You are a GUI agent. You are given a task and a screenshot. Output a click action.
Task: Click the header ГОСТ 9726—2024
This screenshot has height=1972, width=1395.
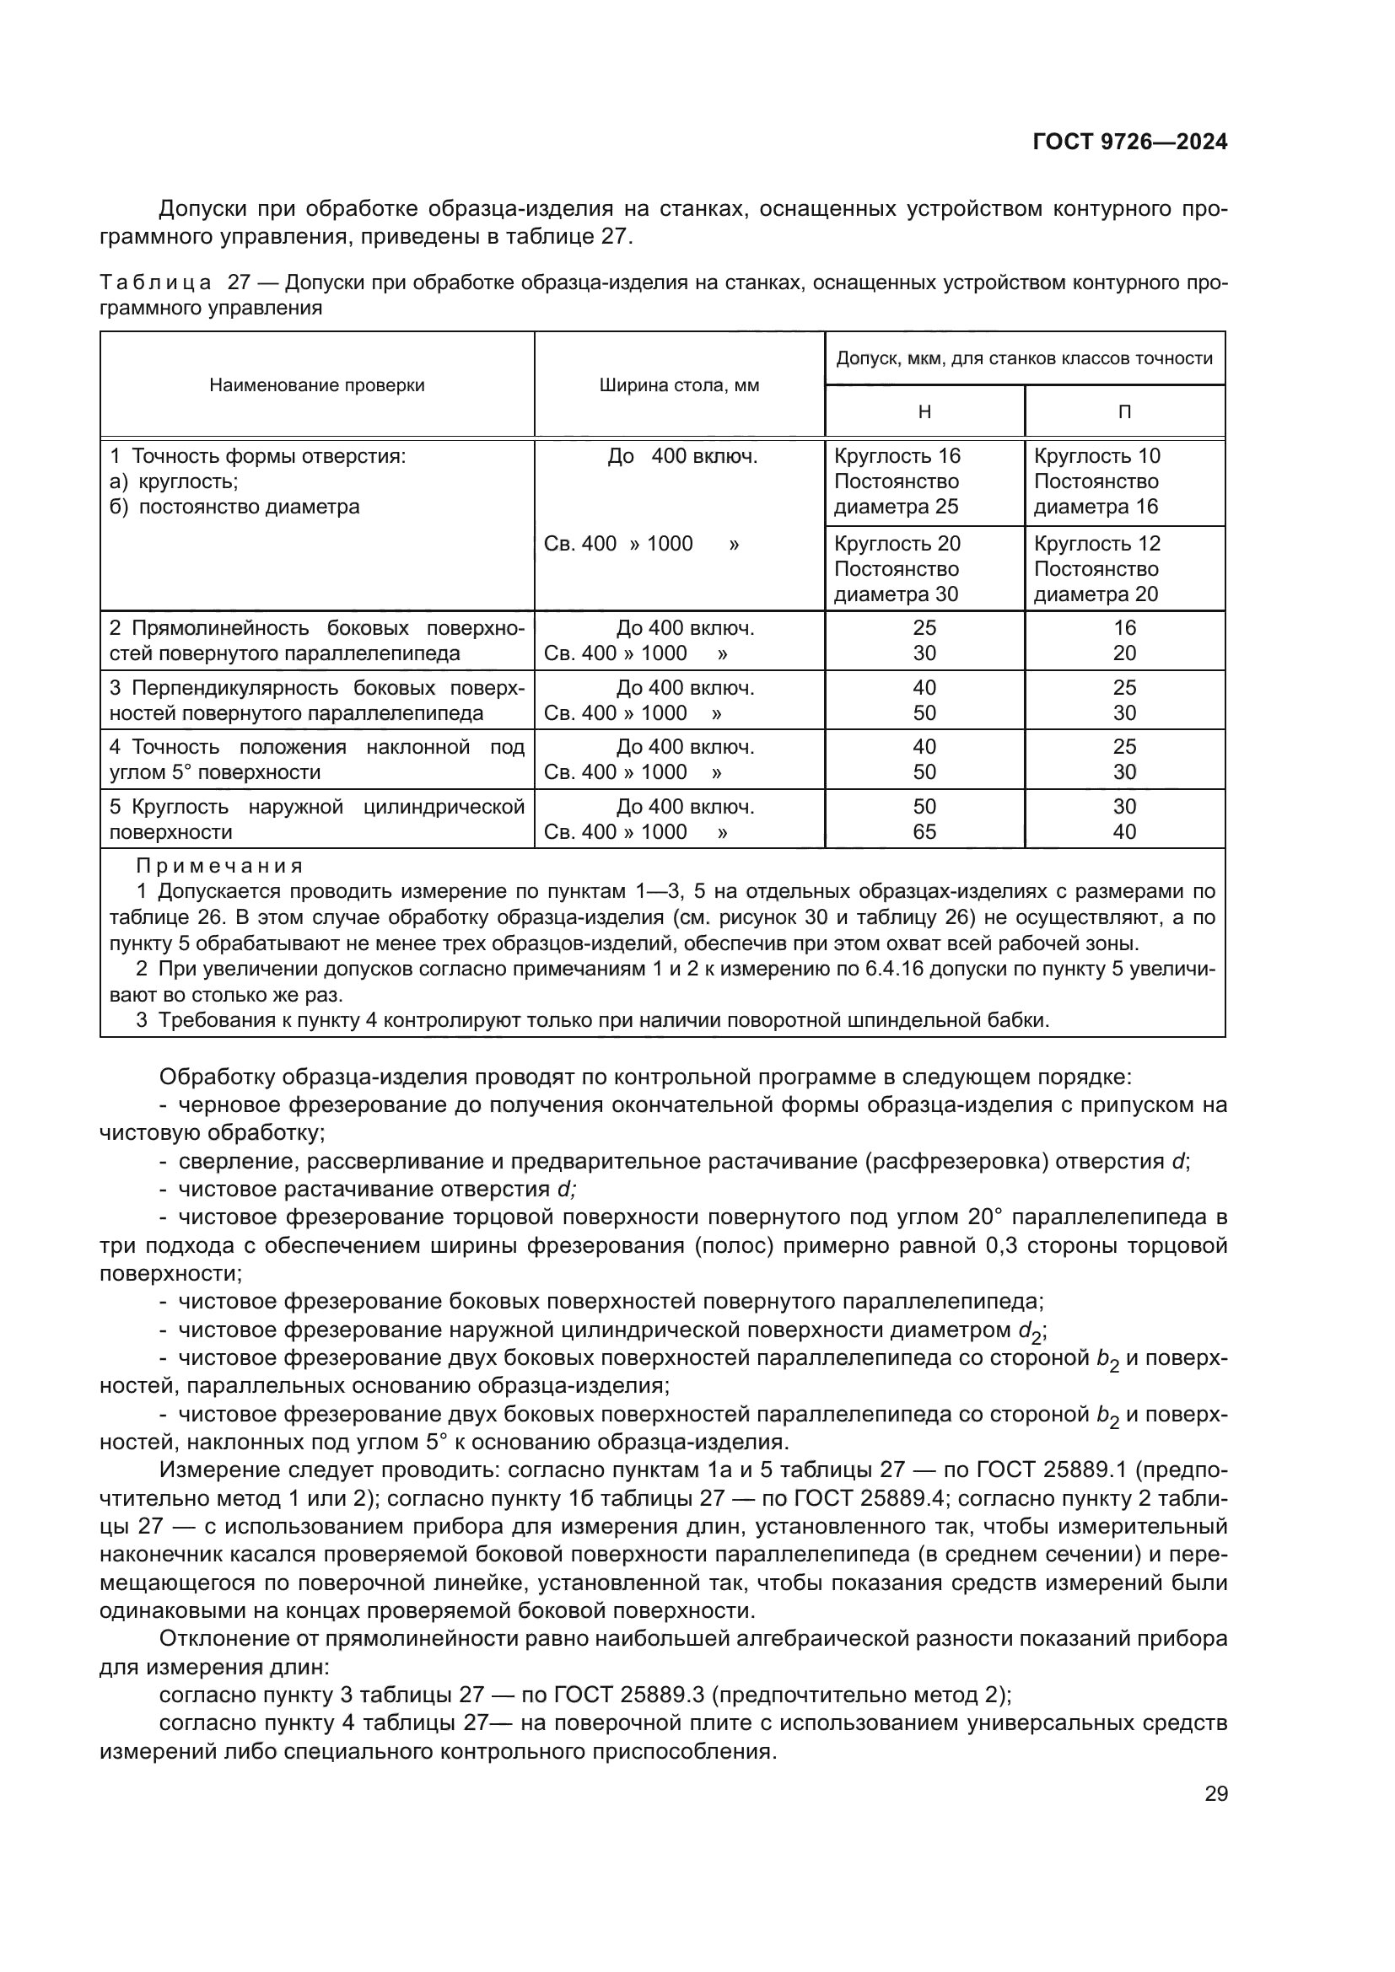click(x=1129, y=142)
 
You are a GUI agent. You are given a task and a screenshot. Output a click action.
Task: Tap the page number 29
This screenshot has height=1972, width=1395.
click(x=1215, y=1793)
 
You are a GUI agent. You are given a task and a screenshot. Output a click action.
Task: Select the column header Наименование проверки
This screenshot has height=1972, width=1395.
click(x=317, y=384)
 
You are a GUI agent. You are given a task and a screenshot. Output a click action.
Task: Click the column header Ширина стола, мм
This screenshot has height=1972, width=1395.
click(x=679, y=384)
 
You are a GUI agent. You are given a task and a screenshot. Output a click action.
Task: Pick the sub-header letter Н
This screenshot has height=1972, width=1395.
click(x=924, y=412)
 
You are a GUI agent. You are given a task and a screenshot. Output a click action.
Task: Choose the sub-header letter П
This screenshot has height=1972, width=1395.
click(x=1124, y=412)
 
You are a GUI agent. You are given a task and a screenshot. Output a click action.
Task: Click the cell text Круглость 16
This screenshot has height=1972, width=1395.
click(x=897, y=456)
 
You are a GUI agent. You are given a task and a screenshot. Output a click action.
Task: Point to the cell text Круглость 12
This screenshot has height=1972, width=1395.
click(x=1097, y=544)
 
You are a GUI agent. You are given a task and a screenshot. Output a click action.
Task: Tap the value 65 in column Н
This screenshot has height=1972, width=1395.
click(x=924, y=831)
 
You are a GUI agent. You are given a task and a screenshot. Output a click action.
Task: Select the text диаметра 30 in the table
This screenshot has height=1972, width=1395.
click(x=896, y=594)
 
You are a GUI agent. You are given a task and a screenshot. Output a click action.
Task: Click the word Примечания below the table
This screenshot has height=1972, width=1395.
click(x=220, y=866)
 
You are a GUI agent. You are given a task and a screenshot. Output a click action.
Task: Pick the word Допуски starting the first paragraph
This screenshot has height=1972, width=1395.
click(x=203, y=209)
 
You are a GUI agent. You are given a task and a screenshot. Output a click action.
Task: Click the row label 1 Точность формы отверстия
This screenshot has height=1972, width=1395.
click(x=258, y=456)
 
